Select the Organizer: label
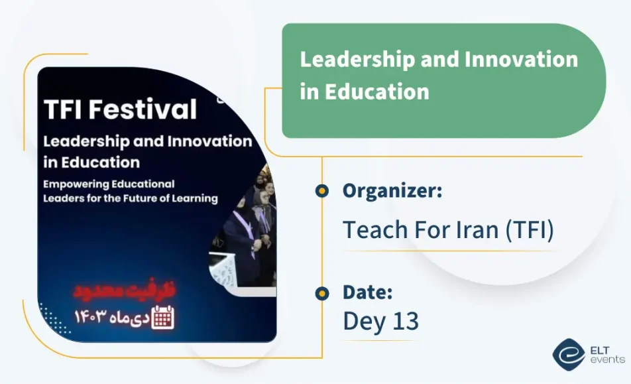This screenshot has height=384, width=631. tap(392, 191)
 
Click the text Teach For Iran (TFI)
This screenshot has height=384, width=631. tap(448, 229)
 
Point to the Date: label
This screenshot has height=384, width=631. tap(368, 292)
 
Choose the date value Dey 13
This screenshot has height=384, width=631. tap(380, 321)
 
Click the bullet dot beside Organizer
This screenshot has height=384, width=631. tap(322, 192)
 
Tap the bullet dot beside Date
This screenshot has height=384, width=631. tap(322, 292)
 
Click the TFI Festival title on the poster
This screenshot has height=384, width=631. tap(120, 109)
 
